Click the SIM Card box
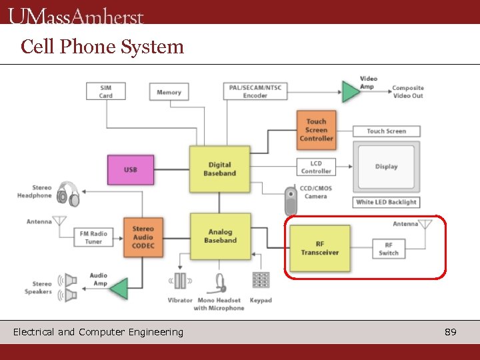(x=106, y=91)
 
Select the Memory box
(x=169, y=92)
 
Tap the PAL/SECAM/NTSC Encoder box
(x=255, y=91)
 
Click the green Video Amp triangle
(x=350, y=91)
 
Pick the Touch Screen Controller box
(x=316, y=130)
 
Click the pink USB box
(x=131, y=170)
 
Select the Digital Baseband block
(x=219, y=169)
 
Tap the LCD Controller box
(x=315, y=167)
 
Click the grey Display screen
(x=386, y=167)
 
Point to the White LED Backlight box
(x=386, y=202)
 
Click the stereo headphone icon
(x=68, y=194)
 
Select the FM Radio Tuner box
(x=93, y=238)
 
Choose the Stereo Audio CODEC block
(x=143, y=237)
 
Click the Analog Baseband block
(x=220, y=237)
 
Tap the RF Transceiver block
(x=319, y=248)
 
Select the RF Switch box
(x=389, y=249)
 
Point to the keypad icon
(x=261, y=281)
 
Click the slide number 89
(x=451, y=332)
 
